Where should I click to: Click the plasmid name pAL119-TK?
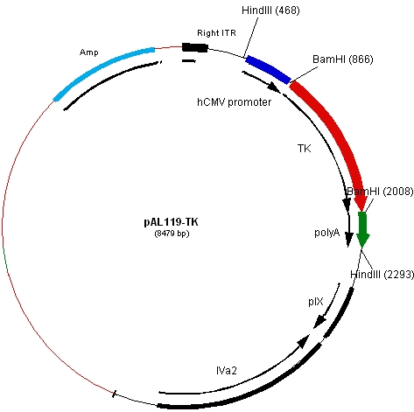(x=171, y=222)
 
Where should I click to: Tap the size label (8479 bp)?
(x=172, y=234)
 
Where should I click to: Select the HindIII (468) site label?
(x=270, y=10)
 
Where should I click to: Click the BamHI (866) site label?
(x=343, y=59)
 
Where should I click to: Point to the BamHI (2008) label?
(x=380, y=192)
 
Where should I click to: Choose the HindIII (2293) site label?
(x=382, y=275)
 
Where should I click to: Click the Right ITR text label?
(x=216, y=33)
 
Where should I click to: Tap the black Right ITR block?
(x=195, y=47)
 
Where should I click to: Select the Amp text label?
(x=89, y=52)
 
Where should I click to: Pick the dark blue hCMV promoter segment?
(x=269, y=69)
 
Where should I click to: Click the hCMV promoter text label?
(x=235, y=102)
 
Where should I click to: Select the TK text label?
(x=305, y=149)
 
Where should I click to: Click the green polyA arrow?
(x=362, y=229)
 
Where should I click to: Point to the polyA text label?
(x=327, y=233)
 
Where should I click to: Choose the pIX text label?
(x=316, y=302)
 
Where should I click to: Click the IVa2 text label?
(x=227, y=370)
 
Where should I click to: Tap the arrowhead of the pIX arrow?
(x=319, y=322)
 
